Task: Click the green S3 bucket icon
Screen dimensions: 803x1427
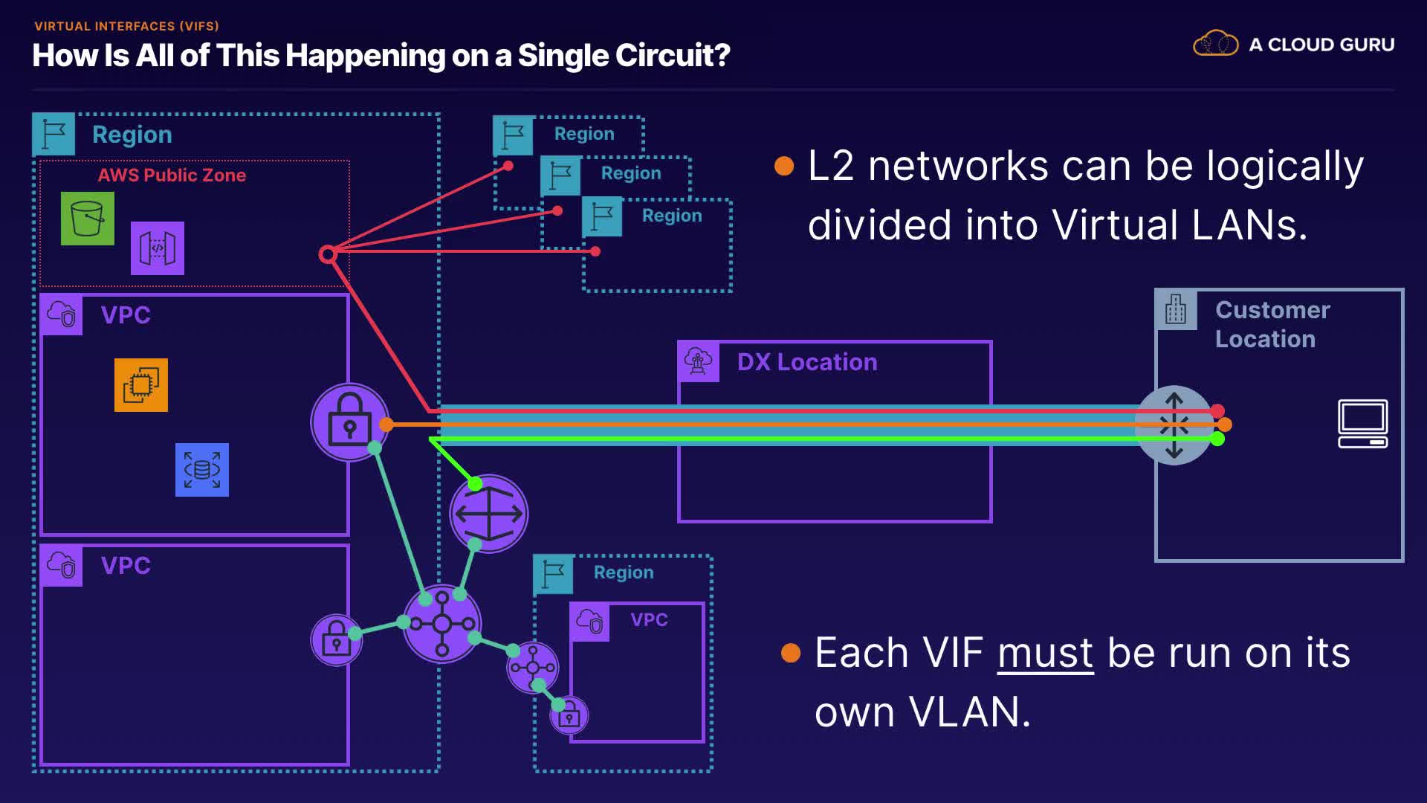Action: pos(88,219)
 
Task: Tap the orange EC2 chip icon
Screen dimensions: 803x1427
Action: pos(141,385)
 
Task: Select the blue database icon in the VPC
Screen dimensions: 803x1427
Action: pos(202,470)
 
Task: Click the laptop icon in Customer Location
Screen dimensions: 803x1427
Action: pos(1362,424)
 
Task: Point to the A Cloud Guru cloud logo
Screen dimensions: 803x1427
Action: pos(1215,44)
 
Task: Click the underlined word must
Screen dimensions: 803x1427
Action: pos(1045,653)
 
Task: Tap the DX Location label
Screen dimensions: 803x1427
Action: pos(807,362)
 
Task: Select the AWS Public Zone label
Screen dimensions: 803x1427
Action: pos(172,175)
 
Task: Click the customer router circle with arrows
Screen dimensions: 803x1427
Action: pos(1174,425)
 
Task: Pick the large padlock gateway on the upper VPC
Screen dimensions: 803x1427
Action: pos(349,422)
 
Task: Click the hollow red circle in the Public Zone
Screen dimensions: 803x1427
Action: pos(327,254)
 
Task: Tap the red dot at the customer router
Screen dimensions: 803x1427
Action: pos(1217,410)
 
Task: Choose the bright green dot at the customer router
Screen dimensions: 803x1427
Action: pos(1217,439)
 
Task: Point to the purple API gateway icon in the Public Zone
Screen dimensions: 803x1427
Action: pos(158,248)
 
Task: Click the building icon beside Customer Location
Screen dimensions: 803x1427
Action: pos(1176,309)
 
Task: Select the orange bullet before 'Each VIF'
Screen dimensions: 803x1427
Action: pos(791,653)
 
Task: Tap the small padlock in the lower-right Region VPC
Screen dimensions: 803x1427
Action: pos(569,716)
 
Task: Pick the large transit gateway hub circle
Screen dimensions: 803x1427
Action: pos(442,624)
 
